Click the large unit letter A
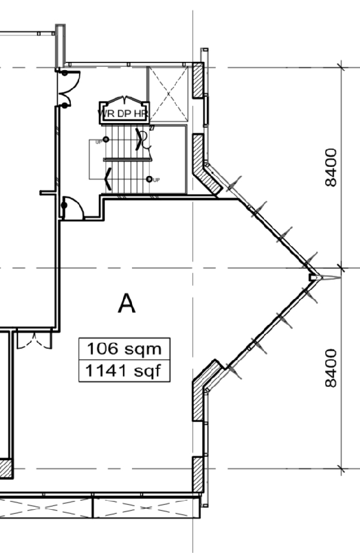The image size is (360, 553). [127, 303]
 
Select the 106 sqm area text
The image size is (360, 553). [124, 349]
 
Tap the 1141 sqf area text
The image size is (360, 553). [123, 370]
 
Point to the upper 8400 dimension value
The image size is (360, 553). [331, 168]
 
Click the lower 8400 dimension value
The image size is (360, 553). [331, 368]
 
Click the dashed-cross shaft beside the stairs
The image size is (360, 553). [169, 94]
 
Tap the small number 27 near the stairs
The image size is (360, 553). [152, 128]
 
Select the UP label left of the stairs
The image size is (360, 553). [99, 142]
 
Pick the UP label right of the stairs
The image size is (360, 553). [157, 180]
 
